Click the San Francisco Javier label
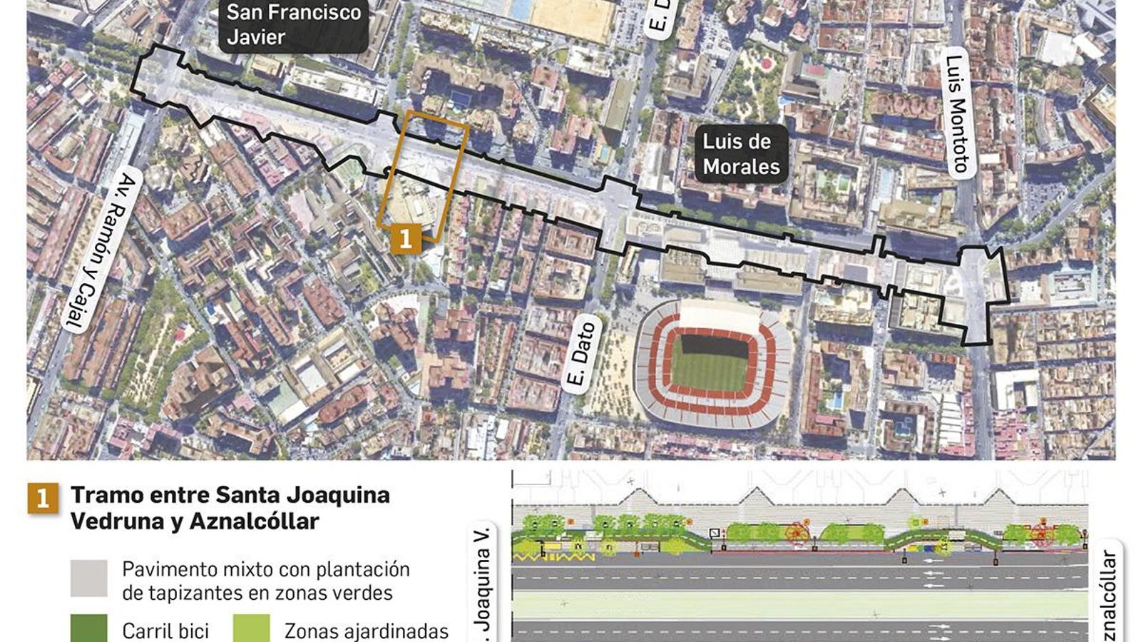click(293, 24)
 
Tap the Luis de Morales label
click(741, 154)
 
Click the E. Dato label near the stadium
click(582, 355)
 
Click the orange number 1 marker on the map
click(406, 238)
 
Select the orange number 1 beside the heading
click(43, 498)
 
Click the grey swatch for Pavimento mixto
click(89, 578)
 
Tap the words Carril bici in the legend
click(165, 631)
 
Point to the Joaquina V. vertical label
click(483, 581)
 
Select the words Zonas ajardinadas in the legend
click(367, 631)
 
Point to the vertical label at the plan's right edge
click(1109, 596)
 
